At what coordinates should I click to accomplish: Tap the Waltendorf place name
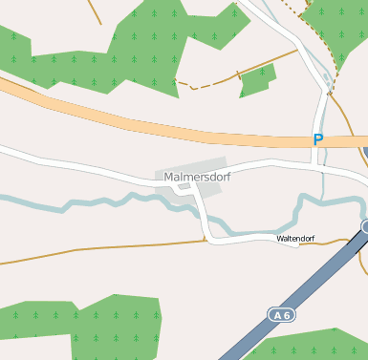tap(295, 238)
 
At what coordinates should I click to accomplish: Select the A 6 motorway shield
tap(279, 314)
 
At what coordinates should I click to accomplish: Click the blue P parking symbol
tap(318, 139)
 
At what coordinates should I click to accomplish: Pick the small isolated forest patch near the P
tap(257, 81)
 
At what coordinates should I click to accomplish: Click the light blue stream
tap(96, 203)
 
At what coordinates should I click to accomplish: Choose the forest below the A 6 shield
tap(306, 346)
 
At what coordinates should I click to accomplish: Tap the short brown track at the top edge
tap(94, 11)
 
